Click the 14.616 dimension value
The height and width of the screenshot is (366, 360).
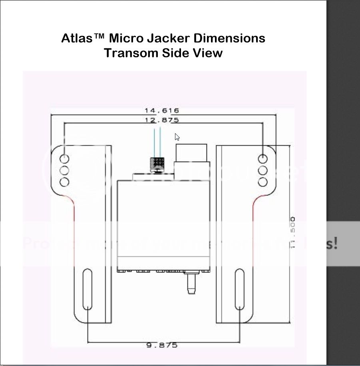coord(162,110)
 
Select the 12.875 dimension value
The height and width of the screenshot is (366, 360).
coord(162,120)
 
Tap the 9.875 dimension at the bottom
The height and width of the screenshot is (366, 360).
coord(162,345)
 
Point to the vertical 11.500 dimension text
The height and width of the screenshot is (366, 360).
coord(293,234)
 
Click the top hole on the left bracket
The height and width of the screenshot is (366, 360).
coord(64,159)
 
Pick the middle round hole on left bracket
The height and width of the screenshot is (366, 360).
coord(64,170)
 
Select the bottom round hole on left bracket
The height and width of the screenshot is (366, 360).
coord(64,182)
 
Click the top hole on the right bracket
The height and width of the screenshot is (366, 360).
coord(263,159)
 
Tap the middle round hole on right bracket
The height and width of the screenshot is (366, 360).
coord(263,170)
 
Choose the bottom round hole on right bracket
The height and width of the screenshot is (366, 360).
coord(263,182)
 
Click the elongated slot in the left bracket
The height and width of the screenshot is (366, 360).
coord(87,289)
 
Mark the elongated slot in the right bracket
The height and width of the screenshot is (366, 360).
coord(239,289)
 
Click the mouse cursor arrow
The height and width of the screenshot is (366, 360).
coord(177,137)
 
